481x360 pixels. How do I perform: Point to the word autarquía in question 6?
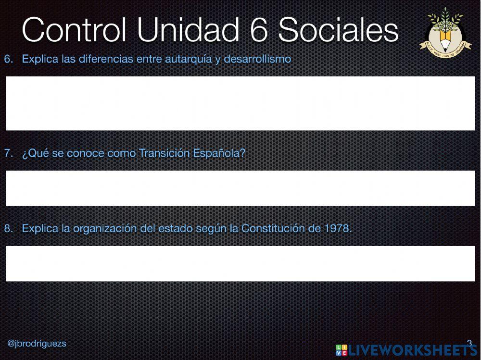[185, 60]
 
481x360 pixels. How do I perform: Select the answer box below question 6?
[240, 103]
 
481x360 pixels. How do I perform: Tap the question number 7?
[8, 154]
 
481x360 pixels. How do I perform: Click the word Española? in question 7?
[219, 154]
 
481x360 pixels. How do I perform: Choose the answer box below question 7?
[240, 188]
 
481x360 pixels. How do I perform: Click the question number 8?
[8, 228]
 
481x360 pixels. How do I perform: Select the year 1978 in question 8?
[336, 228]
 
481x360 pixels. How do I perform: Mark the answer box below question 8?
[240, 263]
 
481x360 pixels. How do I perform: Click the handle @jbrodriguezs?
[37, 344]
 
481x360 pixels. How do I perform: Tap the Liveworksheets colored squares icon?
[342, 350]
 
